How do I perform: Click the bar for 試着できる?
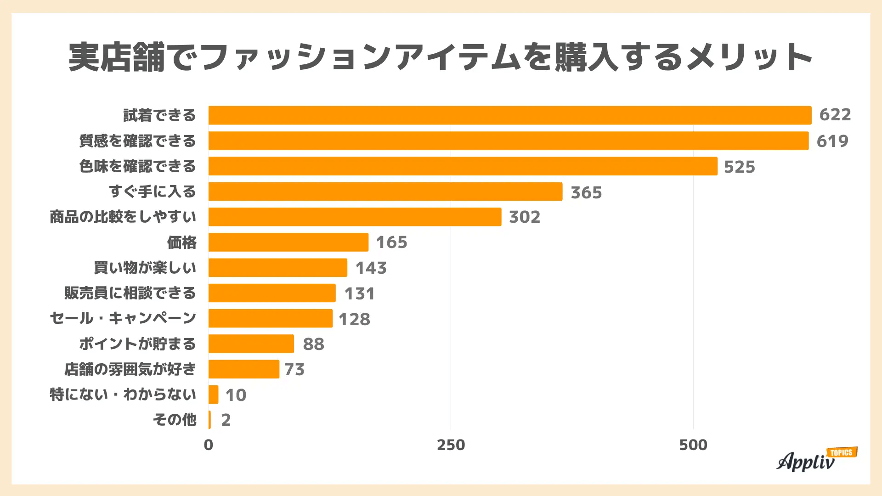510,115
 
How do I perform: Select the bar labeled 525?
463,166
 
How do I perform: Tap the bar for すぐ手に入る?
385,192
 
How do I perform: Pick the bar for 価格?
288,242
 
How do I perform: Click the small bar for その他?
210,420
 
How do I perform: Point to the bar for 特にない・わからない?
213,395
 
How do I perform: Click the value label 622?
835,115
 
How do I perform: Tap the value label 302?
524,217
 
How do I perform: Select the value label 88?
313,344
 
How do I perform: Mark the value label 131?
359,293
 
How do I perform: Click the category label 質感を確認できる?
137,141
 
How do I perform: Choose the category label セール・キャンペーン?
123,318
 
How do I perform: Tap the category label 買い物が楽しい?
145,268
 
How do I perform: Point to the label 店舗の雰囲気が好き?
130,369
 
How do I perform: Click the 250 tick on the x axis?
451,445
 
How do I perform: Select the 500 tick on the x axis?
693,445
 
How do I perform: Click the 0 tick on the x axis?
208,445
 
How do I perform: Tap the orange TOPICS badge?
842,452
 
